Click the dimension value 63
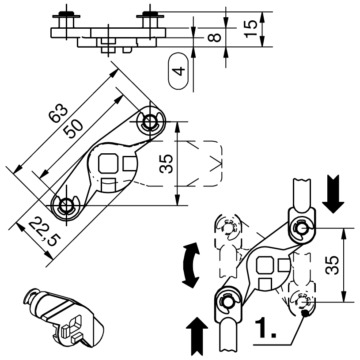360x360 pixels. tap(58, 113)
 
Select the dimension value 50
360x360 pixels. tap(73, 129)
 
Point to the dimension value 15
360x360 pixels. tap(250, 29)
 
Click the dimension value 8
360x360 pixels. tap(214, 38)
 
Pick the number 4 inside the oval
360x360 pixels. tap(178, 71)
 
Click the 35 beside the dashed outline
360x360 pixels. tap(166, 164)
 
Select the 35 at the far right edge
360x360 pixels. tap(332, 265)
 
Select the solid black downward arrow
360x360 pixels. tap(333, 194)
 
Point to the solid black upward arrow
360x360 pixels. tap(197, 336)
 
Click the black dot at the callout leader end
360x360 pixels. tap(305, 313)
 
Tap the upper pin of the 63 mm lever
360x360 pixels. tap(150, 121)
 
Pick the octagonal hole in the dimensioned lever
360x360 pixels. tap(109, 163)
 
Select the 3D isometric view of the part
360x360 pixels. tap(63, 318)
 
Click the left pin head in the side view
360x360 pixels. tap(66, 14)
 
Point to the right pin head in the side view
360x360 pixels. tap(150, 14)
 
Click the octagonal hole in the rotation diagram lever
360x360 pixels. tap(265, 265)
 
